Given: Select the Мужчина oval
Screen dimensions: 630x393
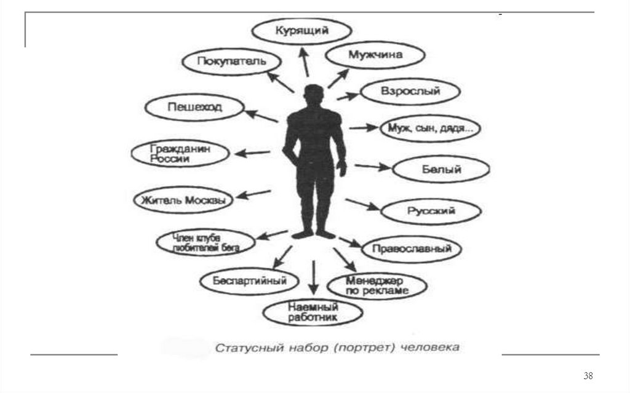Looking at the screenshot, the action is coord(375,55).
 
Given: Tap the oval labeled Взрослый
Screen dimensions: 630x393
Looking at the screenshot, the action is coord(410,92).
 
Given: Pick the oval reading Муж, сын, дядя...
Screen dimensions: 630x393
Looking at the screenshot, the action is coord(430,129).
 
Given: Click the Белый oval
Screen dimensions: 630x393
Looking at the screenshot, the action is coord(441,169).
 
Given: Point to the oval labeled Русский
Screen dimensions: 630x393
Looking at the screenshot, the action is coord(430,212).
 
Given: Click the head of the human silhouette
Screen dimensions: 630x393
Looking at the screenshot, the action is coord(313,95).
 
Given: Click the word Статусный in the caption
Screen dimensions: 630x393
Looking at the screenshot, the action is coord(242,348).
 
